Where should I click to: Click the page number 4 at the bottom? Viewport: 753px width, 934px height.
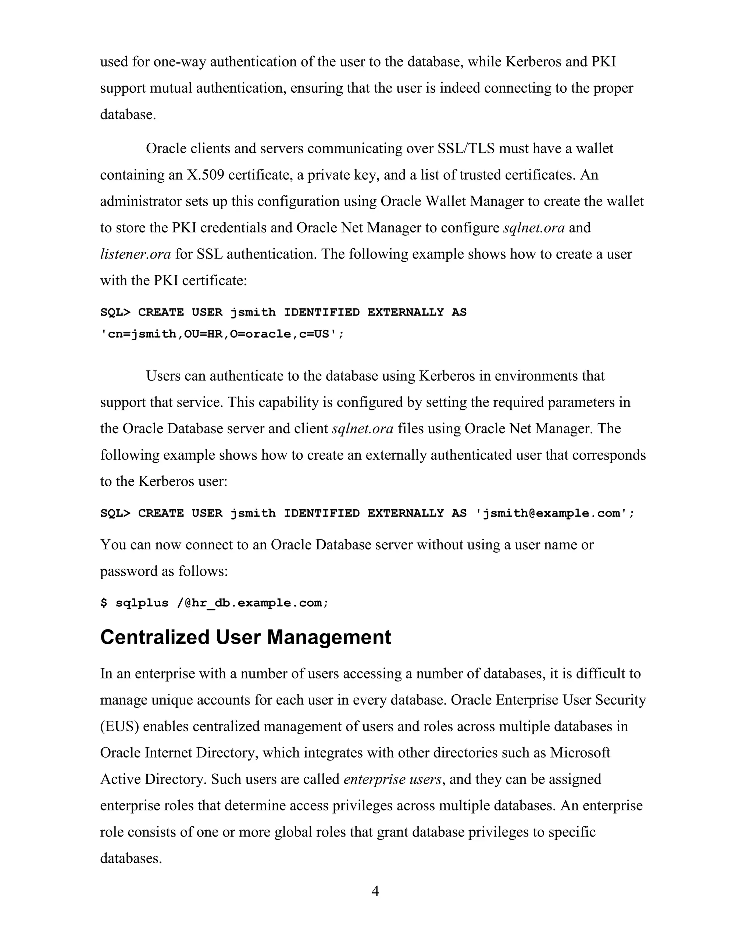pyautogui.click(x=376, y=891)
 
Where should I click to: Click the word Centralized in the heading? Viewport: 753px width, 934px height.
pyautogui.click(x=155, y=637)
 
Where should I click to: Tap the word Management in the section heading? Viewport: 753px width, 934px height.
pyautogui.click(x=329, y=637)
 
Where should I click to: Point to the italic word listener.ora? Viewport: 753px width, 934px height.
pyautogui.click(x=135, y=254)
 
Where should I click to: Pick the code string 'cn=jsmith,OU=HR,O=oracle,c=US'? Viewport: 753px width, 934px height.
pyautogui.click(x=222, y=334)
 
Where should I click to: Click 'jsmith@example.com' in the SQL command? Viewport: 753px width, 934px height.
pyautogui.click(x=555, y=513)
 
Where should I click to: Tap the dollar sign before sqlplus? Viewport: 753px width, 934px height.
pyautogui.click(x=104, y=603)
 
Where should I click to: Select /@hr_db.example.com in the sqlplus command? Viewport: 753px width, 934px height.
pyautogui.click(x=253, y=603)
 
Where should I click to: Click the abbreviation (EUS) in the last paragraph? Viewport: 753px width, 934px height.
pyautogui.click(x=119, y=726)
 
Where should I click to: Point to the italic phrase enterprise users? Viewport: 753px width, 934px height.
pyautogui.click(x=392, y=779)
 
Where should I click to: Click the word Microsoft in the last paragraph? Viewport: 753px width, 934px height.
pyautogui.click(x=580, y=753)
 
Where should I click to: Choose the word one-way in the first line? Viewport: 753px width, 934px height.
pyautogui.click(x=179, y=62)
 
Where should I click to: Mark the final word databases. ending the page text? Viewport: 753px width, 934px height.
pyautogui.click(x=131, y=858)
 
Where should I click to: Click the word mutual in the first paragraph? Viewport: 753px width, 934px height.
pyautogui.click(x=171, y=88)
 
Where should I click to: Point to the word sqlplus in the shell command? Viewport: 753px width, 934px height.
pyautogui.click(x=142, y=603)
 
